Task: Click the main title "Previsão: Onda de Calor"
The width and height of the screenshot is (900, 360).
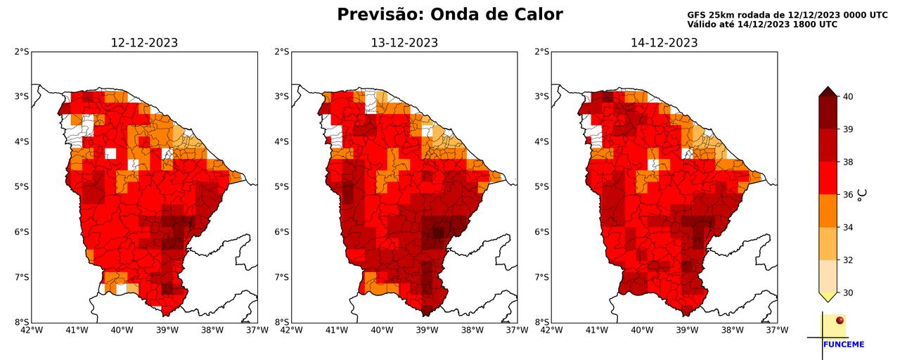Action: (x=449, y=15)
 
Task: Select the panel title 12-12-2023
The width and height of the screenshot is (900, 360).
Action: (x=144, y=43)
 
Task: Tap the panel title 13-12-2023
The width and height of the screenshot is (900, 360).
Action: (x=404, y=43)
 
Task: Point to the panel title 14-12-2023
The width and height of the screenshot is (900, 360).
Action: (x=664, y=43)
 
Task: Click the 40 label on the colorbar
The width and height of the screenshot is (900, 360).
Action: (x=849, y=96)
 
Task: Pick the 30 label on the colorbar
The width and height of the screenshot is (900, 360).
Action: (x=849, y=292)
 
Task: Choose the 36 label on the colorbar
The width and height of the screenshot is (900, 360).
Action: (x=849, y=195)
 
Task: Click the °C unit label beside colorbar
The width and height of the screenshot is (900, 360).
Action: (x=862, y=195)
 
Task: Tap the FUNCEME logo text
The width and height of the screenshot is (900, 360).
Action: (x=843, y=345)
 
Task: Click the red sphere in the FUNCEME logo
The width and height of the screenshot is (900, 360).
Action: (x=840, y=321)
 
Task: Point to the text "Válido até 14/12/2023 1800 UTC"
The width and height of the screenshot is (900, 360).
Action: (x=762, y=25)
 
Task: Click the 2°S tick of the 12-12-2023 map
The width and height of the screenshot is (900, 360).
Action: (x=22, y=51)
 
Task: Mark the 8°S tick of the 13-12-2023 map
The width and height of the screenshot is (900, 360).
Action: (x=282, y=322)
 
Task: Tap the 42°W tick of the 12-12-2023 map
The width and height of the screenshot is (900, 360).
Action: (x=32, y=330)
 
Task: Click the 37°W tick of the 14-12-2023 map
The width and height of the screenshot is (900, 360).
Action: (x=777, y=330)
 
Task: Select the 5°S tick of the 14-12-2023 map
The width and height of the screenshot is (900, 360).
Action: (x=542, y=186)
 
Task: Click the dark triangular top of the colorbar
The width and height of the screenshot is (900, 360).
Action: (x=828, y=91)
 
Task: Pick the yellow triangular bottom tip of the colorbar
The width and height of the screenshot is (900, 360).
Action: (x=828, y=297)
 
